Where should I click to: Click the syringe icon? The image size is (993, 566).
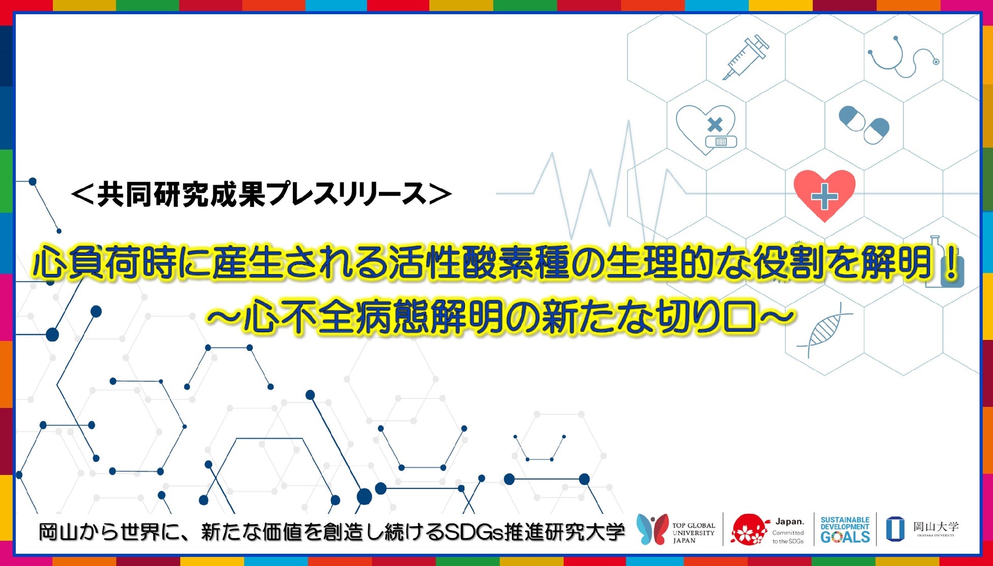tap(746, 57)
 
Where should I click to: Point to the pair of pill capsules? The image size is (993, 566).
tap(864, 124)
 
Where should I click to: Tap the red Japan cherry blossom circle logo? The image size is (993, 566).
tap(750, 529)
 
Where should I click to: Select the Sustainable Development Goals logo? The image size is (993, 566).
tap(845, 530)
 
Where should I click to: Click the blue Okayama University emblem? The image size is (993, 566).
tap(895, 529)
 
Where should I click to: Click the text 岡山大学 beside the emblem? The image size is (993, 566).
tap(936, 526)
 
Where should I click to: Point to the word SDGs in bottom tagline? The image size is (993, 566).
tap(474, 532)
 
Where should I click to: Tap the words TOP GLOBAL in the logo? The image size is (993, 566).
tap(694, 525)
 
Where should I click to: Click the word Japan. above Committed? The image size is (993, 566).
tap(790, 522)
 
